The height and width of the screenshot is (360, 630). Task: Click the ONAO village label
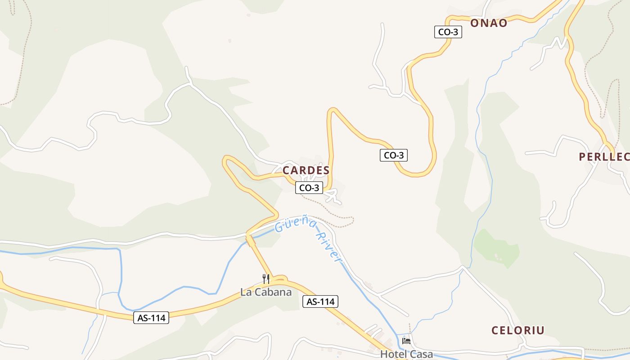489,23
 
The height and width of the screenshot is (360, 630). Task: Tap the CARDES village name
306,171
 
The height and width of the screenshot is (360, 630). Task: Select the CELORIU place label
517,330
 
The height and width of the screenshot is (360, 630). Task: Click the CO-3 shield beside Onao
448,31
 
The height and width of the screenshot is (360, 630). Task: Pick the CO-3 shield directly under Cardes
309,188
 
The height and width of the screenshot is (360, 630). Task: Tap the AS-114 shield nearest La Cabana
320,301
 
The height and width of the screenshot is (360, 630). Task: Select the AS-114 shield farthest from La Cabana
151,318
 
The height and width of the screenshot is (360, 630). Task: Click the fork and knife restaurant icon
266,279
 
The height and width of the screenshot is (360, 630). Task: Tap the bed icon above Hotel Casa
406,341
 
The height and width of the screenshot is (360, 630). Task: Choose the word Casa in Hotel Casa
423,354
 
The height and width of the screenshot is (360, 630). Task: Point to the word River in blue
328,247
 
